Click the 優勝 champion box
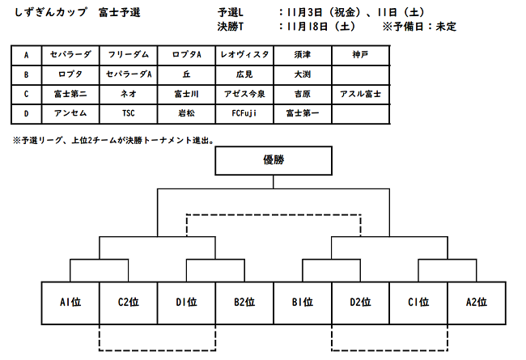point(274,160)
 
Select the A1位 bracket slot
point(70,303)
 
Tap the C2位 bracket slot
point(129,303)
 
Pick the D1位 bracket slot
point(186,303)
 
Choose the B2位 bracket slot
point(244,303)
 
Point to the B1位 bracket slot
point(303,303)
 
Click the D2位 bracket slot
point(361,303)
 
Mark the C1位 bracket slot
point(418,303)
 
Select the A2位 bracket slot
point(477,303)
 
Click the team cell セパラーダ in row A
point(70,55)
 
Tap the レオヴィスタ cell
point(244,55)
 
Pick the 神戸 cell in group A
point(361,55)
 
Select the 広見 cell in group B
point(244,74)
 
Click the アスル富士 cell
point(361,95)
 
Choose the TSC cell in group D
point(129,114)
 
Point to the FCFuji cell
point(244,114)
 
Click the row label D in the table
point(26,114)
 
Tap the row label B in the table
point(26,74)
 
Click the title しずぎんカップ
point(51,13)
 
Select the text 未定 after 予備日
point(446,27)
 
